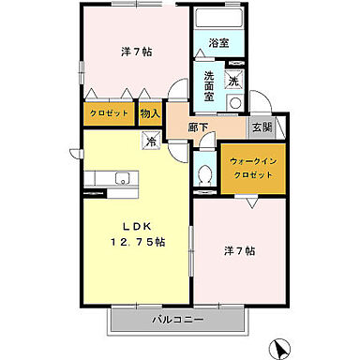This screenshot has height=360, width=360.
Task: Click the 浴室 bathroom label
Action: (218, 43)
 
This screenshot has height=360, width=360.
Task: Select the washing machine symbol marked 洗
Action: (233, 80)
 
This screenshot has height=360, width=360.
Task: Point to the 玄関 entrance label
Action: (260, 127)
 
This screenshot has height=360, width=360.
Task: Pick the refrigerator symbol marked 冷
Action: (149, 142)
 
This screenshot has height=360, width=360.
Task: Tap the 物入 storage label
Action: (150, 113)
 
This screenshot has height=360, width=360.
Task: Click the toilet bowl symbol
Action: (205, 174)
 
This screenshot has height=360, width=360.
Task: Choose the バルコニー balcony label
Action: (178, 322)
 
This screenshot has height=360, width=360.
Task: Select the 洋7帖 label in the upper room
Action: (136, 51)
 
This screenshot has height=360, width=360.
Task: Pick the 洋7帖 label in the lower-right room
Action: (239, 251)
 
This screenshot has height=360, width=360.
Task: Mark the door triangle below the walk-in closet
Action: (250, 201)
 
